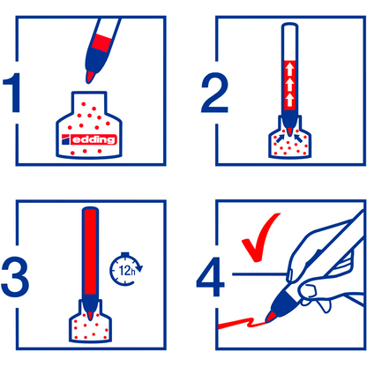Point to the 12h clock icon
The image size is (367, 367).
pyautogui.click(x=124, y=267)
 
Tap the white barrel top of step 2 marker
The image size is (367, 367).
pyautogui.click(x=288, y=40)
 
